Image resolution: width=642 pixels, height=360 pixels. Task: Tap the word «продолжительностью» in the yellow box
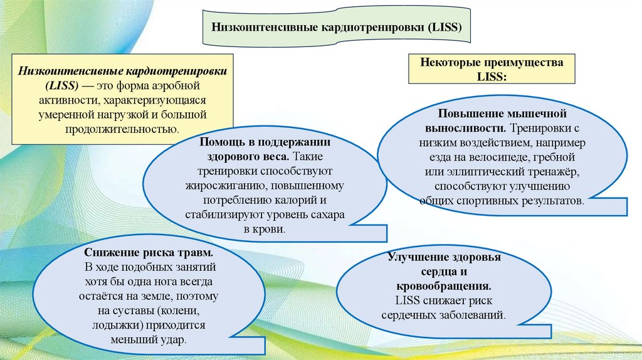tap(122, 130)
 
